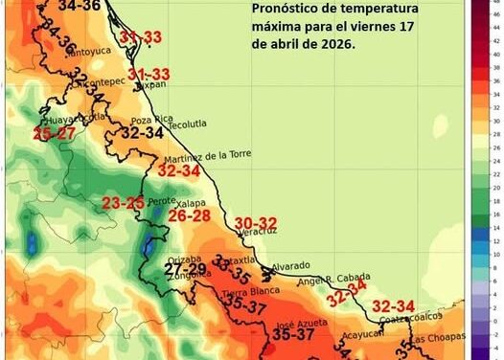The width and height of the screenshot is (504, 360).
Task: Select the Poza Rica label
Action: [x=150, y=120]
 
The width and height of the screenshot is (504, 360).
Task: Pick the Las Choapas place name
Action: [x=442, y=341]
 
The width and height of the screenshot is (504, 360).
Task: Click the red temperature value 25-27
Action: [x=55, y=133]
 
